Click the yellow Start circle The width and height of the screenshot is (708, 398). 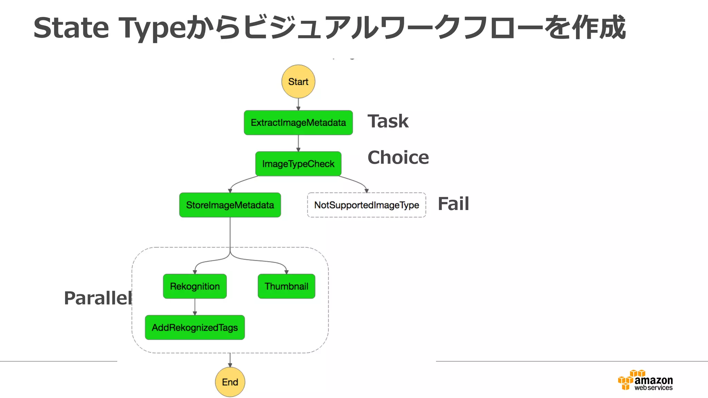298,82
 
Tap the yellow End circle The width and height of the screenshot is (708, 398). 230,382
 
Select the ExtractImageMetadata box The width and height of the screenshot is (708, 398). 298,123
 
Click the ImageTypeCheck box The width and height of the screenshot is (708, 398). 298,164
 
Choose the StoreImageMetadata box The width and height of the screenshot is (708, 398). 230,205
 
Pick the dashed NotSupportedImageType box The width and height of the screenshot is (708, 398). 366,205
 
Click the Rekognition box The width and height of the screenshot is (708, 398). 195,286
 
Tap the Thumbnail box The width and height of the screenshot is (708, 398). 286,286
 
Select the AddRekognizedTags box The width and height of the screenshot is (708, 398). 195,327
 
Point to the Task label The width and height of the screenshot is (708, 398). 388,121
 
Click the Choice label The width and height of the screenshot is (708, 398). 398,158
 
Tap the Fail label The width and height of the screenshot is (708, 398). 453,204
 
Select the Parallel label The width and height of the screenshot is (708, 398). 98,298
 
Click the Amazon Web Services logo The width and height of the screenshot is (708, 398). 645,380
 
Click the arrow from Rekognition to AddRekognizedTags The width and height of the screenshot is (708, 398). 195,307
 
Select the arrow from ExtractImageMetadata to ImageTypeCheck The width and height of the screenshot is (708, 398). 298,143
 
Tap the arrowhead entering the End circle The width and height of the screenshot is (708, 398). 230,365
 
